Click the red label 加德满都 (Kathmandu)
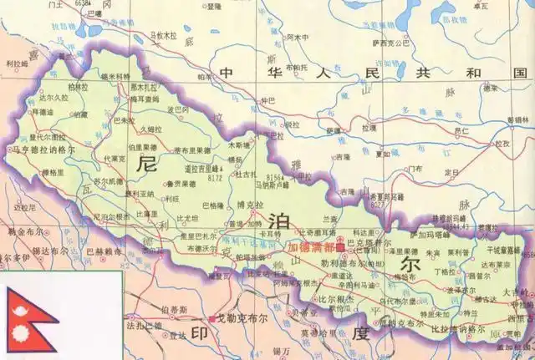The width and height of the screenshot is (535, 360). [310, 248]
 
